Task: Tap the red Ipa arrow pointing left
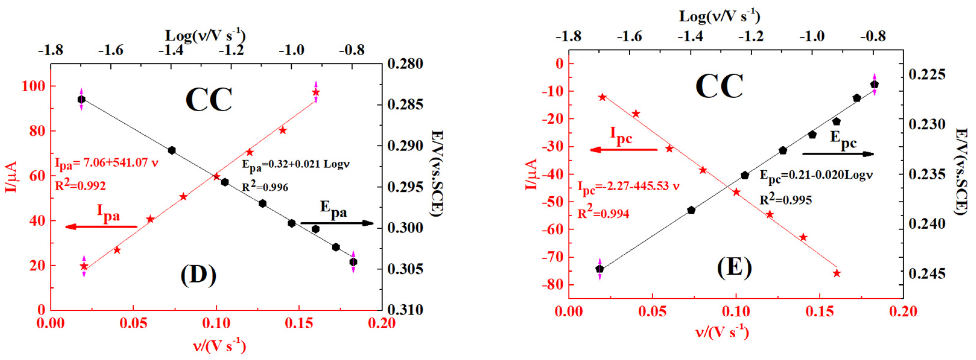101,227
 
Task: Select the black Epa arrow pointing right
337,223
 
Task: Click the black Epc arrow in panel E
838,154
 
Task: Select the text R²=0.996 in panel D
265,187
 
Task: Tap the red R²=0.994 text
603,214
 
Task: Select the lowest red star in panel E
837,273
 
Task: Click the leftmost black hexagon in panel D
81,99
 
